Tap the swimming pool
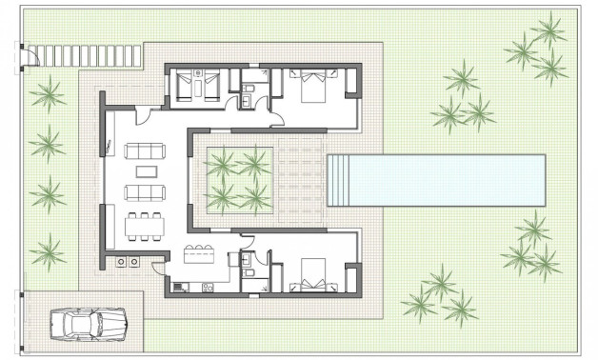point(435,180)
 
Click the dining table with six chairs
point(145,225)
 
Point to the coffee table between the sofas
point(145,171)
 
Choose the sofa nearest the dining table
point(145,193)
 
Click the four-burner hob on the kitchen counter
point(127,260)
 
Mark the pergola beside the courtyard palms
point(299,180)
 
